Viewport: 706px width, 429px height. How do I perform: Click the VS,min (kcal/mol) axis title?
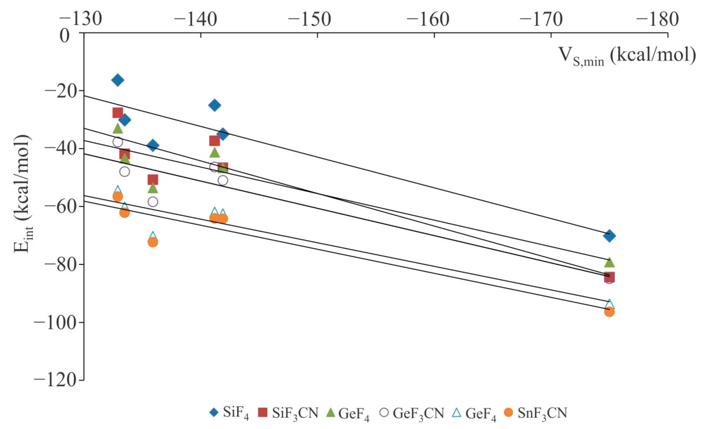pos(626,56)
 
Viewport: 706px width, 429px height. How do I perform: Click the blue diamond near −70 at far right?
pos(609,236)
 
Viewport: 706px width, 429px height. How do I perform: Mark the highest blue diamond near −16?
pos(118,80)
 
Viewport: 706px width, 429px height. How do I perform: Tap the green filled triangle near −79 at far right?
pos(609,262)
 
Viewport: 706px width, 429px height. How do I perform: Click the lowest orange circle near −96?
pos(609,312)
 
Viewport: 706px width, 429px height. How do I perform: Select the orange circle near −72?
pos(153,242)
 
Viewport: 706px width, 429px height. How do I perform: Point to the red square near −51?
pos(153,180)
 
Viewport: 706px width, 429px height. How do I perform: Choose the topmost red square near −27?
pos(118,113)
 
